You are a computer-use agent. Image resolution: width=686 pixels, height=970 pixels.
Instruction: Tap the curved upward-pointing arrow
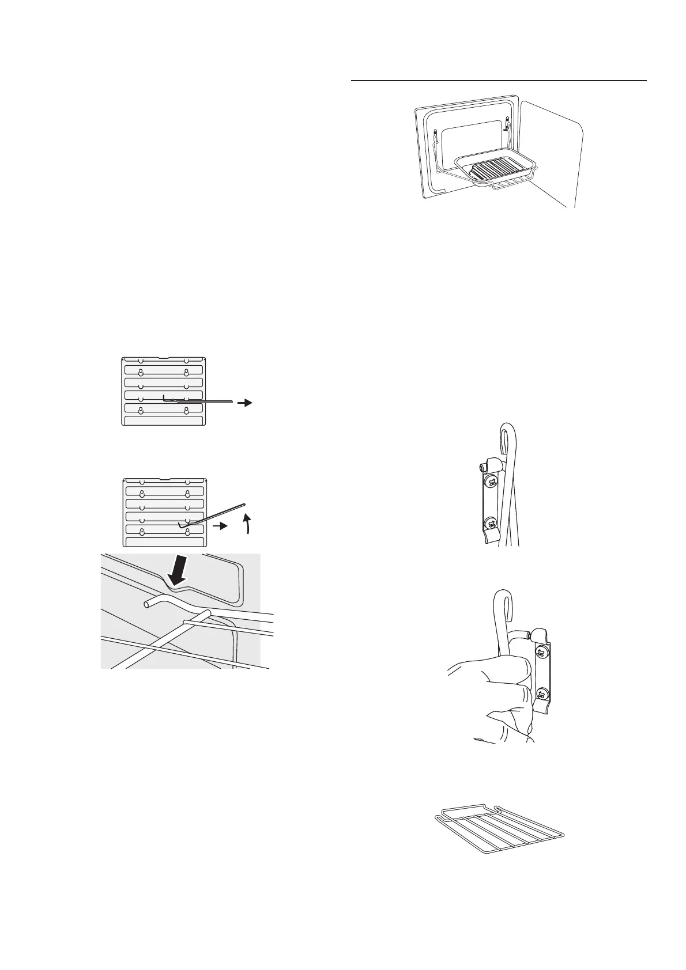[x=247, y=521]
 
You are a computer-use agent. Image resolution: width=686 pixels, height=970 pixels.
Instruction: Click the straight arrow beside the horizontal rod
[x=246, y=403]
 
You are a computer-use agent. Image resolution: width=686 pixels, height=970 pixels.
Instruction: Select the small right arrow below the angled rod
[x=218, y=526]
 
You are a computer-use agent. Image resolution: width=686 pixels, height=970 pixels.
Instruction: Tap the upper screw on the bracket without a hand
[x=491, y=482]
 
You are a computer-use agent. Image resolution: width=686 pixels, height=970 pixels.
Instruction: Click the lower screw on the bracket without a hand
[x=491, y=524]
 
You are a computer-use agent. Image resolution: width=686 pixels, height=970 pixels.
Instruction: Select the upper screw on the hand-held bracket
[x=541, y=653]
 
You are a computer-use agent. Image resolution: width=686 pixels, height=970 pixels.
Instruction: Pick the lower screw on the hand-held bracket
[x=541, y=693]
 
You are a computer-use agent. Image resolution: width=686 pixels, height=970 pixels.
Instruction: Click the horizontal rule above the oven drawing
[x=499, y=81]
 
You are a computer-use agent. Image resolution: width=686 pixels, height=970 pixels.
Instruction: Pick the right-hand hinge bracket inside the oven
[x=507, y=124]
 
